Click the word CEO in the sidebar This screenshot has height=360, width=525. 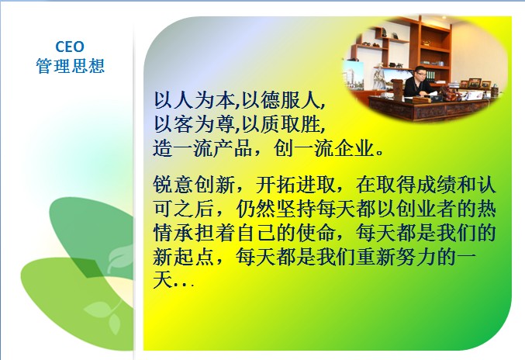pyautogui.click(x=70, y=47)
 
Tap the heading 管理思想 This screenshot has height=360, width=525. pyautogui.click(x=71, y=66)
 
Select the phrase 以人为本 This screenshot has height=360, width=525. pyautogui.click(x=195, y=100)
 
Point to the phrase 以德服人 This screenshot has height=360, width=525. pyautogui.click(x=281, y=100)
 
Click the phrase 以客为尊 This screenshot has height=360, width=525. pyautogui.click(x=195, y=124)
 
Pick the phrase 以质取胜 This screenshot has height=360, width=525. pyautogui.click(x=281, y=124)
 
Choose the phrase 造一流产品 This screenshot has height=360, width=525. pyautogui.click(x=202, y=148)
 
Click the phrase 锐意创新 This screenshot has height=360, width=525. pyautogui.click(x=194, y=185)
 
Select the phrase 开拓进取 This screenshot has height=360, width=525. pyautogui.click(x=296, y=185)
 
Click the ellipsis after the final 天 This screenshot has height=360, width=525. pyautogui.click(x=184, y=285)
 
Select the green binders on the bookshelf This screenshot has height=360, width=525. pyautogui.click(x=431, y=76)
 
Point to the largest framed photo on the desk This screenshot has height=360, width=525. pyautogui.click(x=475, y=82)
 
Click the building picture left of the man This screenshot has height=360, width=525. pyautogui.click(x=354, y=75)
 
